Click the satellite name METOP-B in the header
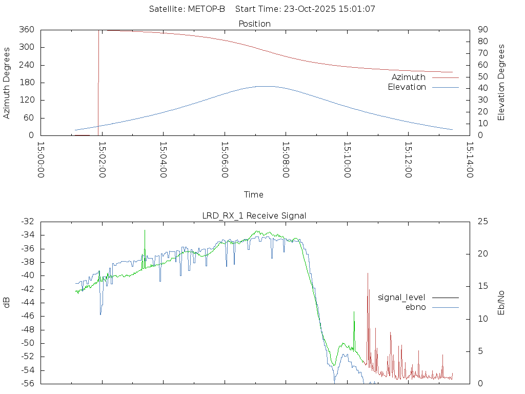point(207,9)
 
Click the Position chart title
point(254,24)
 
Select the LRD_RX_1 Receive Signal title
point(254,215)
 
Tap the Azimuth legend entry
point(409,77)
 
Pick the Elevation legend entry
point(407,87)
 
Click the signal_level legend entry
point(401,297)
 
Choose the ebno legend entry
point(415,307)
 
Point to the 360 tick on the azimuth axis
point(26,30)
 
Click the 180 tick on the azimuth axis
point(26,83)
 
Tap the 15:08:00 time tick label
point(286,160)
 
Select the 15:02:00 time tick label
point(102,160)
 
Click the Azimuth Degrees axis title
point(7,83)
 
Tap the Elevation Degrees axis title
point(501,83)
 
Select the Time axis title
point(254,194)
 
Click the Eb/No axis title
point(501,303)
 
